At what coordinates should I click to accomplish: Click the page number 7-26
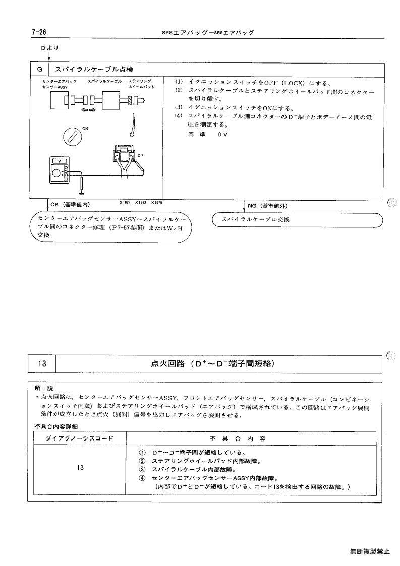pyautogui.click(x=39, y=32)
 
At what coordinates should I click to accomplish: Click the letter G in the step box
pyautogui.click(x=40, y=70)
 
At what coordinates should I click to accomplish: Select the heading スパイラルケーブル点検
pyautogui.click(x=94, y=70)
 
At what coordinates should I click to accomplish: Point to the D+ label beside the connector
pyautogui.click(x=141, y=155)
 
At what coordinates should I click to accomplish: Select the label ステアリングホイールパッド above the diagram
pyautogui.click(x=141, y=84)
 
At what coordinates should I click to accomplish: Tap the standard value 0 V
pyautogui.click(x=222, y=134)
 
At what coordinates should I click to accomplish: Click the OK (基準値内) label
pyautogui.click(x=70, y=204)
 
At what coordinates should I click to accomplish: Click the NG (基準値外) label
pyautogui.click(x=267, y=206)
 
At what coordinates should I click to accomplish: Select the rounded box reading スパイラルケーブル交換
pyautogui.click(x=297, y=220)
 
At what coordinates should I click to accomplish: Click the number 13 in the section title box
pyautogui.click(x=42, y=363)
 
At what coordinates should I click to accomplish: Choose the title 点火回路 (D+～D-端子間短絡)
pyautogui.click(x=213, y=363)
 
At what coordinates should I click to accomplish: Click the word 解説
pyautogui.click(x=44, y=389)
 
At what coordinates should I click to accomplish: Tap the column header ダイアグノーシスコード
pyautogui.click(x=80, y=438)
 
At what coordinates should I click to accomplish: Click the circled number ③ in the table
pyautogui.click(x=142, y=470)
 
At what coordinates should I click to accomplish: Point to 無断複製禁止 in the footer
pyautogui.click(x=370, y=551)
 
